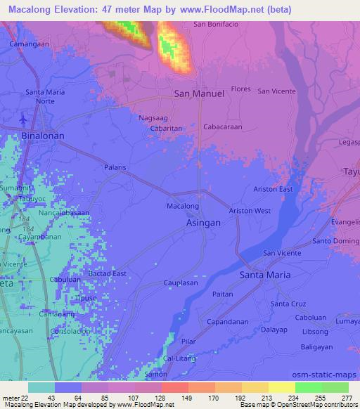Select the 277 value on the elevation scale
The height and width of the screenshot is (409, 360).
click(347, 398)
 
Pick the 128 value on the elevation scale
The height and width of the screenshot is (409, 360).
click(149, 398)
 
